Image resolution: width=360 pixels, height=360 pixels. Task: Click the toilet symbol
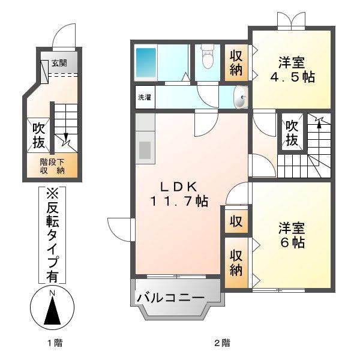[x=208, y=56]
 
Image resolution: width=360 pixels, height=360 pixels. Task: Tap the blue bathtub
[x=146, y=62]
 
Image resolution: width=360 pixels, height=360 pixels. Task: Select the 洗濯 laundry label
[x=145, y=97]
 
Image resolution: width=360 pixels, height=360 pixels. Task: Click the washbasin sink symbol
[x=241, y=97]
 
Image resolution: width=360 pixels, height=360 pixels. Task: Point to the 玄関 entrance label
[x=59, y=62]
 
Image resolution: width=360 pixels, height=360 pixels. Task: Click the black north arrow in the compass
[x=52, y=310]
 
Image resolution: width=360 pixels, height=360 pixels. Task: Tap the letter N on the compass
[x=53, y=293]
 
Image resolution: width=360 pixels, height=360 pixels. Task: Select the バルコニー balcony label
[x=170, y=298]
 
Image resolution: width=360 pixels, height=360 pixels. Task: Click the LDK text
[x=179, y=187]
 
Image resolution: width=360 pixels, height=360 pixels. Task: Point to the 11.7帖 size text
[x=179, y=202]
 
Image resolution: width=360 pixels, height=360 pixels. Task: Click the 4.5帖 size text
[x=292, y=77]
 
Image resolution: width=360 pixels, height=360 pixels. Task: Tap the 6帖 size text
[x=293, y=242]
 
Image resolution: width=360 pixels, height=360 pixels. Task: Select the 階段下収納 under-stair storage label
[x=52, y=166]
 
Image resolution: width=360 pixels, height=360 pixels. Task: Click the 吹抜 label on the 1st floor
[x=38, y=136]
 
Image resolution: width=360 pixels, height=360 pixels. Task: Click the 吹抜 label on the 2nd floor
[x=292, y=133]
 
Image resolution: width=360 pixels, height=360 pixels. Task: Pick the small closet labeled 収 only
[x=236, y=221]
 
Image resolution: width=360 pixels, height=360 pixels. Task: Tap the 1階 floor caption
[x=55, y=343]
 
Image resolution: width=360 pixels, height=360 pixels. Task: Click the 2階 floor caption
[x=222, y=343]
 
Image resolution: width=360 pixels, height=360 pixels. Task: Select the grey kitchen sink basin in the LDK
[x=145, y=150]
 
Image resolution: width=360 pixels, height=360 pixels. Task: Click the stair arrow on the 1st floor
[x=66, y=138]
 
